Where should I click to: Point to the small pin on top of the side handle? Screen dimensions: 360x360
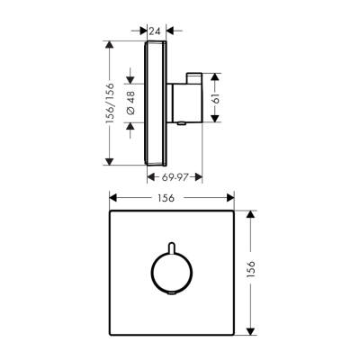pos(190,75)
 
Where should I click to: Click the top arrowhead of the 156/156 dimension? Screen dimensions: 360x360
pos(109,42)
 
